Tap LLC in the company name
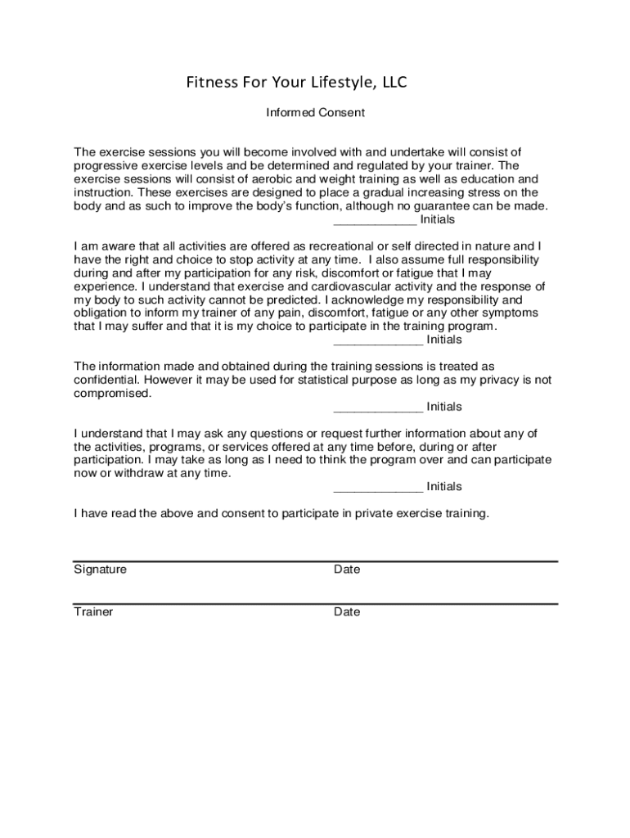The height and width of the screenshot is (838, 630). click(392, 82)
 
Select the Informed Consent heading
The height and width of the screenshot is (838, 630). click(315, 112)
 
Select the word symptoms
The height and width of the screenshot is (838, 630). click(506, 313)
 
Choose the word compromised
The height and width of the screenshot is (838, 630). click(112, 393)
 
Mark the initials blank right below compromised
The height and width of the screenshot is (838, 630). click(378, 408)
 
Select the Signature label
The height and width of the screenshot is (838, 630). click(100, 570)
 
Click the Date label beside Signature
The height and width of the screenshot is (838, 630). click(347, 570)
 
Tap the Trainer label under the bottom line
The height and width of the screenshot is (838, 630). click(93, 612)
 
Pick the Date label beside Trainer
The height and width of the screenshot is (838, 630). click(347, 612)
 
